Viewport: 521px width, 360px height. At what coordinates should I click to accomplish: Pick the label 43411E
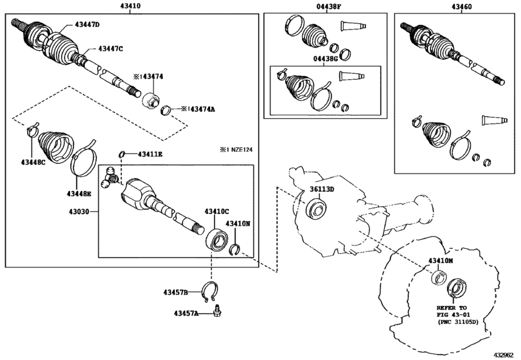[148, 154]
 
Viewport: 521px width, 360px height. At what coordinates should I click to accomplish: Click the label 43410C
[217, 211]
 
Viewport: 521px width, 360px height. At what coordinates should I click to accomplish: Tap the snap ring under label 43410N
[234, 249]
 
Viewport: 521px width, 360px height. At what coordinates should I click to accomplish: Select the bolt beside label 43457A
[218, 311]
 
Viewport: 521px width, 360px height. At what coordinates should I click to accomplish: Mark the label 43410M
[441, 260]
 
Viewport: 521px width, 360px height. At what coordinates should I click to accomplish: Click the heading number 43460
[454, 5]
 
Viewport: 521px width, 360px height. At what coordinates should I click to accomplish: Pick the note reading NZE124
[236, 150]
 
